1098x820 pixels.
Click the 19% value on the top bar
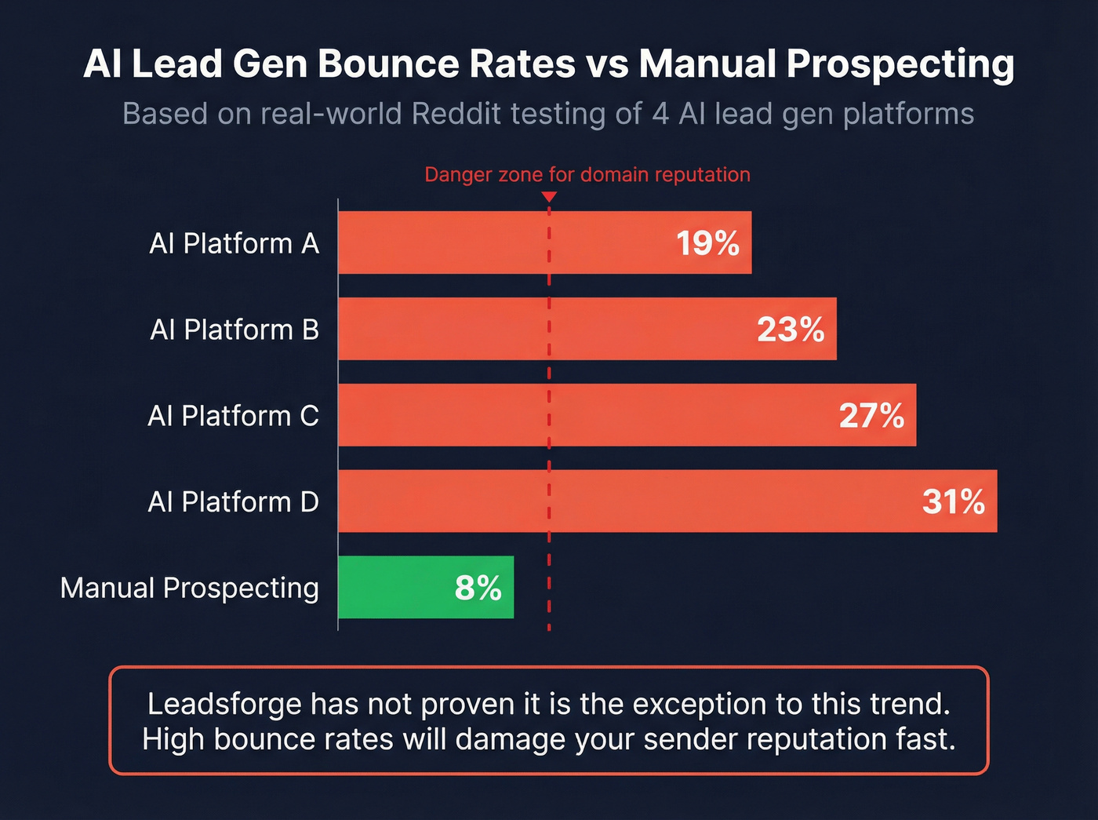coord(707,243)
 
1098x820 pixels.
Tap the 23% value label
coord(791,330)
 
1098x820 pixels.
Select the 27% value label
coord(871,416)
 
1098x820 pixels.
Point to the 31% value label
coord(953,502)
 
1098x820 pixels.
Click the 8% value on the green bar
coord(478,588)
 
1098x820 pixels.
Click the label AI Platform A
coord(234,243)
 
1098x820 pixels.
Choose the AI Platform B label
coord(234,330)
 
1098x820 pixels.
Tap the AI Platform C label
coord(233,416)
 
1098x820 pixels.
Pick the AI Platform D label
coord(233,502)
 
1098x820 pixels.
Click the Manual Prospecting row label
coord(189,588)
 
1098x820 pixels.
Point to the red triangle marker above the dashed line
coord(549,197)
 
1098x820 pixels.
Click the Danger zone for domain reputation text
coord(587,174)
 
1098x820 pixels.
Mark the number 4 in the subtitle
coord(660,114)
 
